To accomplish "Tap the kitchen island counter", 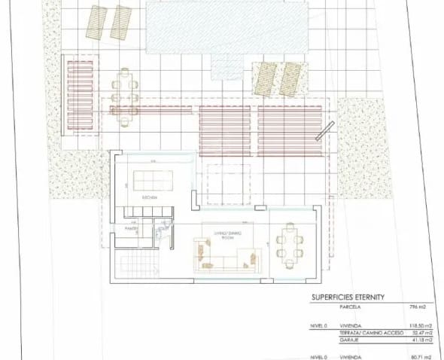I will [152, 180].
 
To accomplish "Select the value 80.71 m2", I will [418, 356].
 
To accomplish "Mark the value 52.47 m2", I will [418, 333].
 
